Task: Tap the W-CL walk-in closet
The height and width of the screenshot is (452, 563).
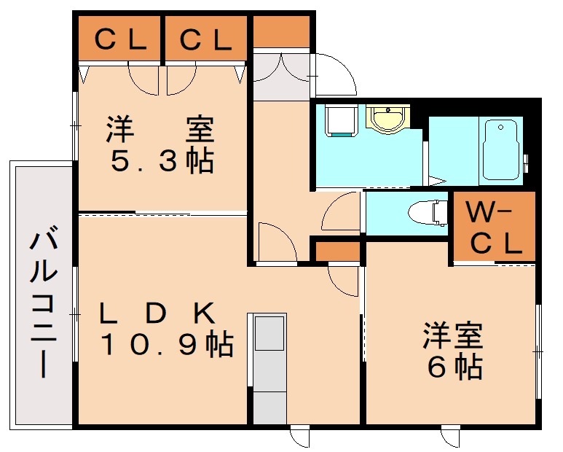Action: pos(495,227)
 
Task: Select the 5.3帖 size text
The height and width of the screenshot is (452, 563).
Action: pos(162,161)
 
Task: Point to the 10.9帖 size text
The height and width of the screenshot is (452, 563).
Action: pos(166,343)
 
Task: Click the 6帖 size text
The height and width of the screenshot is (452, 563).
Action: pos(454,367)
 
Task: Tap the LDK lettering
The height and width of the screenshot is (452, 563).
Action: pos(157,313)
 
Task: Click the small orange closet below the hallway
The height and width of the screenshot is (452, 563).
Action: pos(337,252)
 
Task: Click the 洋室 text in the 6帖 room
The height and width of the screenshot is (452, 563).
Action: pos(453,337)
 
